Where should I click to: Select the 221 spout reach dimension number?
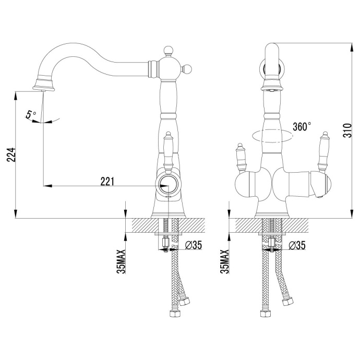point(106,180)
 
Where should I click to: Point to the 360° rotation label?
point(302,126)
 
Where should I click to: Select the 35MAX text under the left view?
point(120,260)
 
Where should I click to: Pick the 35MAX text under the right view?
point(224,260)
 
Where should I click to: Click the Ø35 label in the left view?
point(193,245)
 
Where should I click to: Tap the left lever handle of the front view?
point(242,156)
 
